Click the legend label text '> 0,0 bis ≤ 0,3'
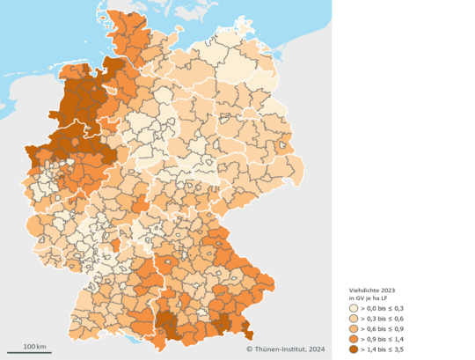pyautogui.click(x=384, y=308)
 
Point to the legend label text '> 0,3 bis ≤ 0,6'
pyautogui.click(x=384, y=318)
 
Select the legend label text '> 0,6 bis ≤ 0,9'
pyautogui.click(x=384, y=327)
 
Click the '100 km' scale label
pyautogui.click(x=34, y=346)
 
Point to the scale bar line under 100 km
pyautogui.click(x=34, y=353)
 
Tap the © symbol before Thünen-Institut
pyautogui.click(x=249, y=350)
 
